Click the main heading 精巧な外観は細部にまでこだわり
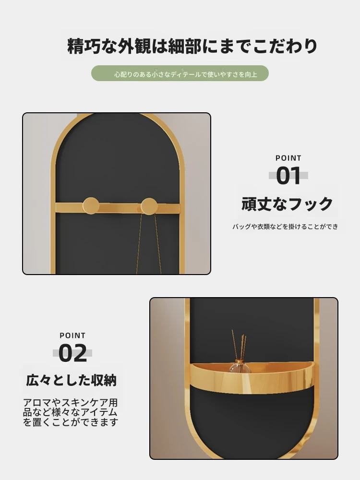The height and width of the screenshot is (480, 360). [192, 46]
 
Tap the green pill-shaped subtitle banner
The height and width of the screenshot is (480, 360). [180, 73]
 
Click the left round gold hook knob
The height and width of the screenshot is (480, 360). [91, 205]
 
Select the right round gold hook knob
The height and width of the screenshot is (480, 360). [149, 206]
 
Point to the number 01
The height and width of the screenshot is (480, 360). [288, 176]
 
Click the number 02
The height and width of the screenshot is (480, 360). [72, 353]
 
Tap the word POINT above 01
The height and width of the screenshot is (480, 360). [288, 158]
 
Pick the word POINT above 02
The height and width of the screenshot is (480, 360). [72, 336]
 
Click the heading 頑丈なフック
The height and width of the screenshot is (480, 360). [287, 204]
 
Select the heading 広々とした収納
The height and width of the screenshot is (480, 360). [72, 380]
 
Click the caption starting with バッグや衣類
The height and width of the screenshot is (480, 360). [285, 227]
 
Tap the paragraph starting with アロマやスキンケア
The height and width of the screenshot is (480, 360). [71, 412]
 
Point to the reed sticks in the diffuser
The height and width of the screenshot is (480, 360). [239, 345]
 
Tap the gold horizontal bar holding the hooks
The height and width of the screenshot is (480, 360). [118, 208]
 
